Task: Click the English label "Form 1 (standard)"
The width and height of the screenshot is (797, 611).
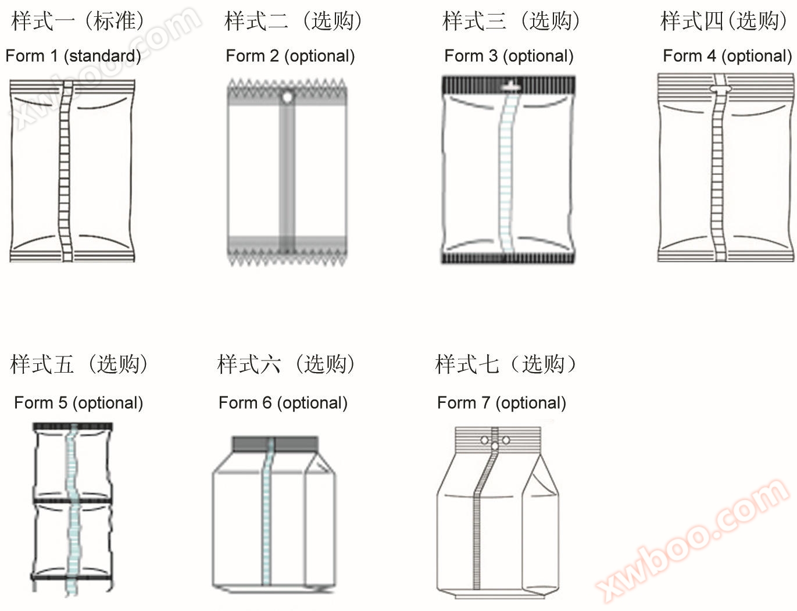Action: (73, 56)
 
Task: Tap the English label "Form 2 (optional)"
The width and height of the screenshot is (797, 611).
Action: (290, 56)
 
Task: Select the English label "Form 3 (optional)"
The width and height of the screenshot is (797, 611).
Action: (509, 56)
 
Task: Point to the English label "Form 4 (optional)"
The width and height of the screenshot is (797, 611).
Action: (727, 56)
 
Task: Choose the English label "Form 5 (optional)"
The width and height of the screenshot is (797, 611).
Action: (78, 403)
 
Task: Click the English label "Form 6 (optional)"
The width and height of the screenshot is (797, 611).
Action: (283, 403)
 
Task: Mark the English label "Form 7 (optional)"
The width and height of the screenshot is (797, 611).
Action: (501, 403)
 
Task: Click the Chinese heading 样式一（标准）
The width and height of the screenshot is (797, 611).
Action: (77, 20)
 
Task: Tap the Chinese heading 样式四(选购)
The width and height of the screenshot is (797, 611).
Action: (724, 20)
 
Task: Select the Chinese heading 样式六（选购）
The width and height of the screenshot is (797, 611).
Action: (286, 364)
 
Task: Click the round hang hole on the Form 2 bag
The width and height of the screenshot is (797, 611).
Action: (287, 97)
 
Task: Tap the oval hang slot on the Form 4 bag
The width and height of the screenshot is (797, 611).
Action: (720, 89)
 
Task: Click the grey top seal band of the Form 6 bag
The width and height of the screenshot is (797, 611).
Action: (275, 444)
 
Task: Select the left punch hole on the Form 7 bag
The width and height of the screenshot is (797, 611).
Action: (484, 440)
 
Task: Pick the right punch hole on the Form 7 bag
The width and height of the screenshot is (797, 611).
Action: (506, 440)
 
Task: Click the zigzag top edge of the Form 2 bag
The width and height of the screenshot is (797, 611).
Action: (287, 84)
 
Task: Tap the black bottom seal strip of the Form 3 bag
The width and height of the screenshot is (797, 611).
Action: (508, 258)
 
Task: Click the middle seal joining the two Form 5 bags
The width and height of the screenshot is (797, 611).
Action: (73, 501)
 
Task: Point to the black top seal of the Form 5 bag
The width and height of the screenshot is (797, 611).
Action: (73, 427)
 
